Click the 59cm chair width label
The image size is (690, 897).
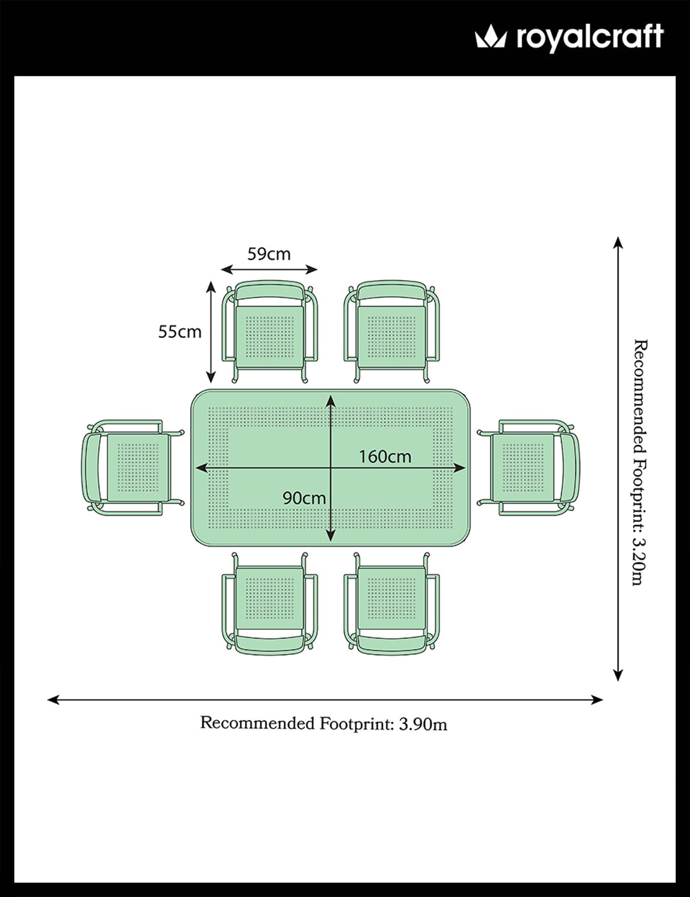point(269,253)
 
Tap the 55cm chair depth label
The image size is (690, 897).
point(180,332)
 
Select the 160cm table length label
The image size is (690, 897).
point(385,456)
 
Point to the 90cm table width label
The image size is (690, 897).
point(304,498)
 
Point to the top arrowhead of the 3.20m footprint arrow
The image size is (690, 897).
point(618,241)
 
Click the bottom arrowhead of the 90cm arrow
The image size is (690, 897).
point(331,537)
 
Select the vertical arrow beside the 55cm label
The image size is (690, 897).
point(211,332)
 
